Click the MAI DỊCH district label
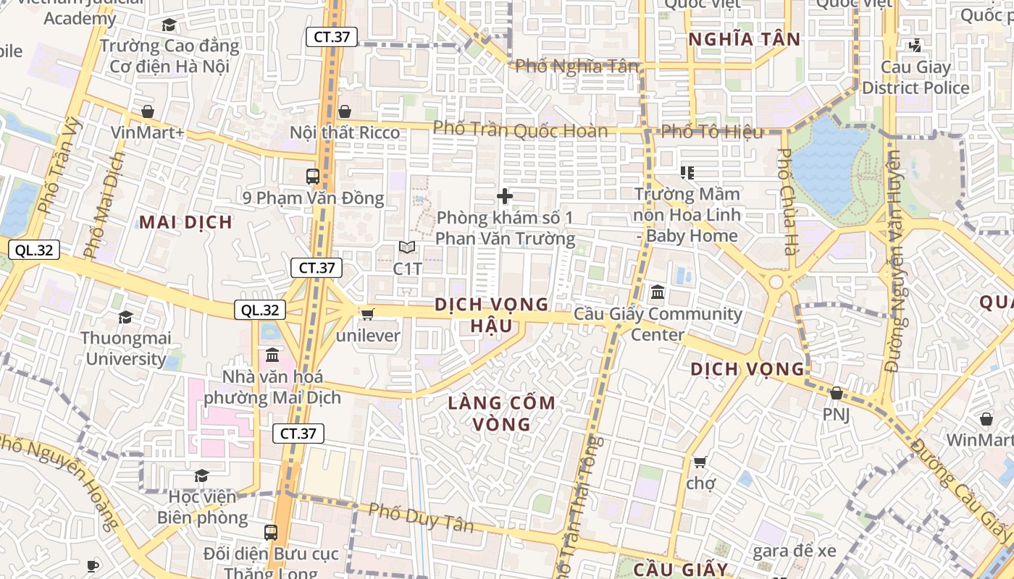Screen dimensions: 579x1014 pos(186,222)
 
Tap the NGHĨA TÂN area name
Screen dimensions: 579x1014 pos(744,39)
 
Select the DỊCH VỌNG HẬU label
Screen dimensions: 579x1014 pos(491,315)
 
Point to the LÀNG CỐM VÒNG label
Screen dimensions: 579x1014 pos(501,413)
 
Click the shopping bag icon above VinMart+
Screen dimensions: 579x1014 pos(148,111)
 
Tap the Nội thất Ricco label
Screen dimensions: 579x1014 pos(344,132)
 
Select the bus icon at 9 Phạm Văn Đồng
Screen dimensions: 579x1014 pos(313,176)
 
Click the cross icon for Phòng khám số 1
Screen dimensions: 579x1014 pos(505,196)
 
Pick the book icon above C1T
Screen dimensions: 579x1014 pos(407,248)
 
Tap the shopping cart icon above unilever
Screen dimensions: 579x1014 pos(367,314)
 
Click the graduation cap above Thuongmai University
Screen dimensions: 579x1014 pos(125,317)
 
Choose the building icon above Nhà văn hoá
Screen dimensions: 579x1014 pos(272,355)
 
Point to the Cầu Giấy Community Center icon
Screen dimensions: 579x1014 pos(658,292)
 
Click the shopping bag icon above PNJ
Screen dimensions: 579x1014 pos(836,393)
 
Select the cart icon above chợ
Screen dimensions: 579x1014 pos(700,461)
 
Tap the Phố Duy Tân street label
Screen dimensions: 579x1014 pos(421,517)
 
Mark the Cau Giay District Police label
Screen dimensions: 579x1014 pos(915,77)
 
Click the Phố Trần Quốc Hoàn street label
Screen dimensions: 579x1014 pos(520,130)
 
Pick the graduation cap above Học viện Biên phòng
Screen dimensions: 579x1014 pos(201,476)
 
